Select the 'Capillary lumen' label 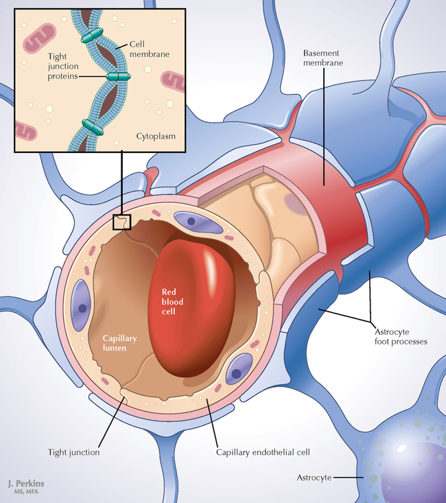(122, 343)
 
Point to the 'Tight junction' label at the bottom (74, 452)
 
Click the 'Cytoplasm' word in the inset (156, 136)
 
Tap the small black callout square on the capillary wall (121, 222)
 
